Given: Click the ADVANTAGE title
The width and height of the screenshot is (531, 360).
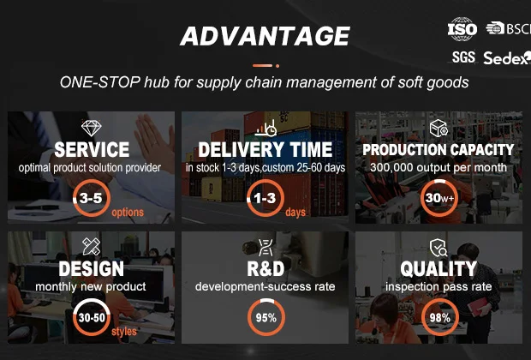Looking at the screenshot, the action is click(265, 36).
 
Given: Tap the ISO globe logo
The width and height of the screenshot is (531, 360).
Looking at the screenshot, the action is click(462, 29).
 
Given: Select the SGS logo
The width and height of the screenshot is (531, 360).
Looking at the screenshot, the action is click(463, 57).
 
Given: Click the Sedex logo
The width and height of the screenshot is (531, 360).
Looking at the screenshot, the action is click(507, 58).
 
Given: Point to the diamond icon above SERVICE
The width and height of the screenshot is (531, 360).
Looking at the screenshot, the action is click(92, 128).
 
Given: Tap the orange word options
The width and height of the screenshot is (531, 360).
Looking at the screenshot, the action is click(128, 213).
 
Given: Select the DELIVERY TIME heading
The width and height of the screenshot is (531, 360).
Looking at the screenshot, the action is click(265, 149).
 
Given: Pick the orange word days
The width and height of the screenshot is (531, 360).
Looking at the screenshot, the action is click(295, 213).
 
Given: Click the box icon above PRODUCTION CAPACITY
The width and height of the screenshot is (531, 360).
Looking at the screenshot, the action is click(439, 128).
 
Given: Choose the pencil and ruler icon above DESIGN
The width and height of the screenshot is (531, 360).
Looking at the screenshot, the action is click(92, 247).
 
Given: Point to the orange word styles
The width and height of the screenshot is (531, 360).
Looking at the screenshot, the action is click(124, 331).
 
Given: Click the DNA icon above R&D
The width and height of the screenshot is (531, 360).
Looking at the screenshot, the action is click(265, 248).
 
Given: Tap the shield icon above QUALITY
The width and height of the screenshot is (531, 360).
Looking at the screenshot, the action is click(439, 248).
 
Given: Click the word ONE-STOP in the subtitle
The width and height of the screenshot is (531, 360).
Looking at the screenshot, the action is click(100, 82).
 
